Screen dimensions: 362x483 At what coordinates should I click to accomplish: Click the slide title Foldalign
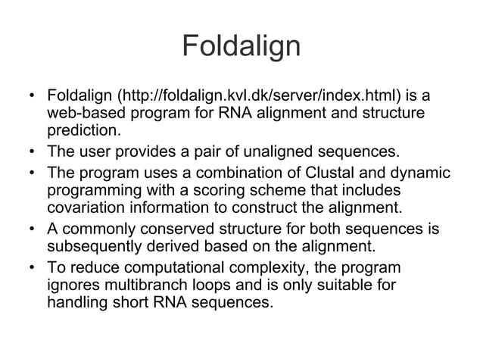[x=241, y=47]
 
